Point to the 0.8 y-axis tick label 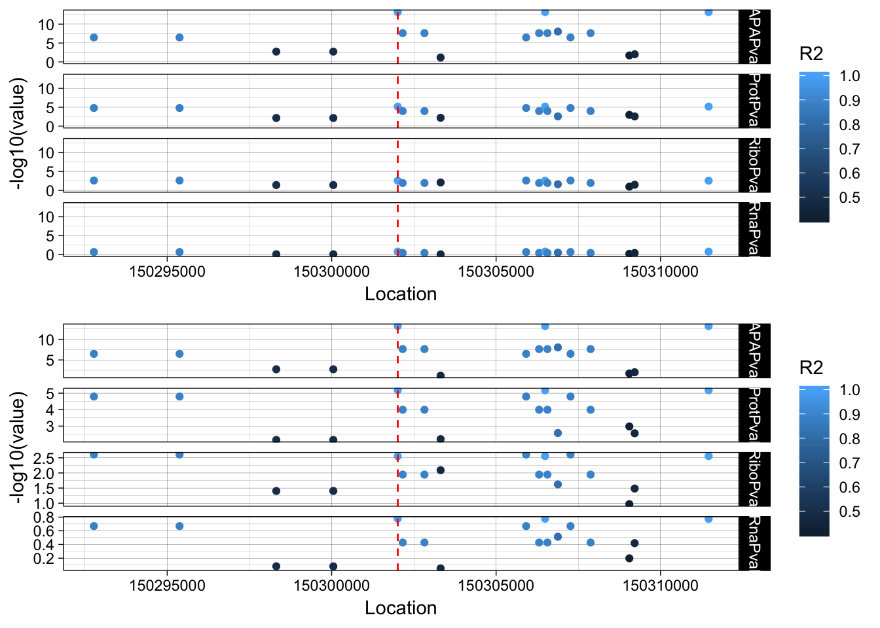tap(45, 517)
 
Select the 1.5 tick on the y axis tap(45, 488)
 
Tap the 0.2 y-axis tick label tap(45, 559)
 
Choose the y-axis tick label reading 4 tap(52, 410)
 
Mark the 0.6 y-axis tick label tap(45, 531)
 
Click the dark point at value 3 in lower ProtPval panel tap(629, 427)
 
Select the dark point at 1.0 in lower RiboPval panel tap(629, 504)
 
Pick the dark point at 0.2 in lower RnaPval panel tap(629, 558)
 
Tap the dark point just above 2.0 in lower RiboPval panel tap(441, 470)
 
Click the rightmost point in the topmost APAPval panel tap(708, 12)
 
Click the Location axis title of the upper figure tap(401, 294)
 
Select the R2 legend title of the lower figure tap(811, 368)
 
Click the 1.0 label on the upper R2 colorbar tap(850, 76)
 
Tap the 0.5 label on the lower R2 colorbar tap(850, 512)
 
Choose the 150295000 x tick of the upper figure tap(167, 271)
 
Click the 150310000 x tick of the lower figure tap(661, 585)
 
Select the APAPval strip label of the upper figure tap(754, 37)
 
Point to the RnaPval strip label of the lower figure tap(754, 543)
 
